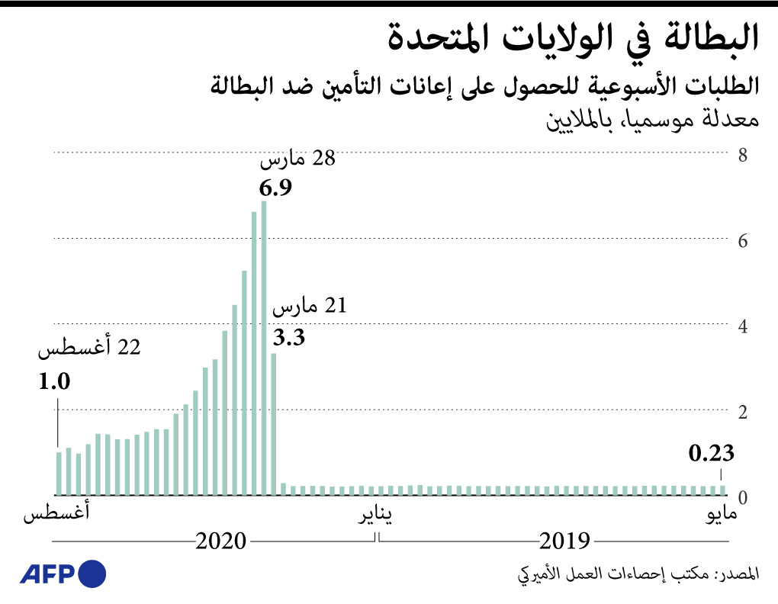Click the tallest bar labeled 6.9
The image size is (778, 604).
(264, 348)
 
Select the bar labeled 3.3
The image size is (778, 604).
(274, 424)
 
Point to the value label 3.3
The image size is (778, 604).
(289, 338)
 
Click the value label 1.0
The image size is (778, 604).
(55, 381)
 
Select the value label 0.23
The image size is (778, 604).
(711, 455)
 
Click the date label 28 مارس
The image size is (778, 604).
(297, 159)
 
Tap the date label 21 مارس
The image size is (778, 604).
(310, 307)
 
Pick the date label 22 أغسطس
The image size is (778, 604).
(90, 350)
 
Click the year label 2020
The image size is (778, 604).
(221, 541)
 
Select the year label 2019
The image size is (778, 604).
(565, 541)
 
